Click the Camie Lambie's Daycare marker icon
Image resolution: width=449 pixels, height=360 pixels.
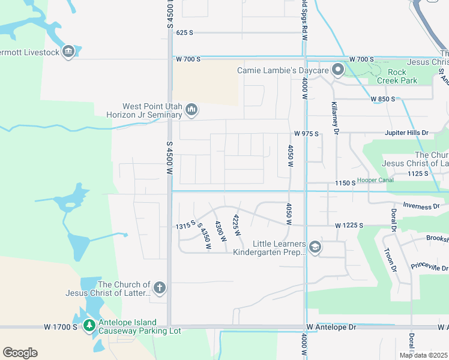coord(338,70)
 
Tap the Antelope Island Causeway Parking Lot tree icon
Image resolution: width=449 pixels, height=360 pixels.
coord(89,326)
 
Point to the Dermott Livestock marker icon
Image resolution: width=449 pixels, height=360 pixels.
coord(68,52)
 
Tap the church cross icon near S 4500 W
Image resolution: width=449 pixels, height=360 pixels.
coord(159,288)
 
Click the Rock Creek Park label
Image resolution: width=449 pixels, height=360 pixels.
coord(397,76)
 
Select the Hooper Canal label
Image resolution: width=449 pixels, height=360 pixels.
coord(376,179)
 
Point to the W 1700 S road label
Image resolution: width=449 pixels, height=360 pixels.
coord(61,327)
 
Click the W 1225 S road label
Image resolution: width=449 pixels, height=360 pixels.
coord(349,226)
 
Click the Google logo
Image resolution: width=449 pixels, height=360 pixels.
coord(20,352)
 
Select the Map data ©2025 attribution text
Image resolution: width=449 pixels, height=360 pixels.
coord(423,355)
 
